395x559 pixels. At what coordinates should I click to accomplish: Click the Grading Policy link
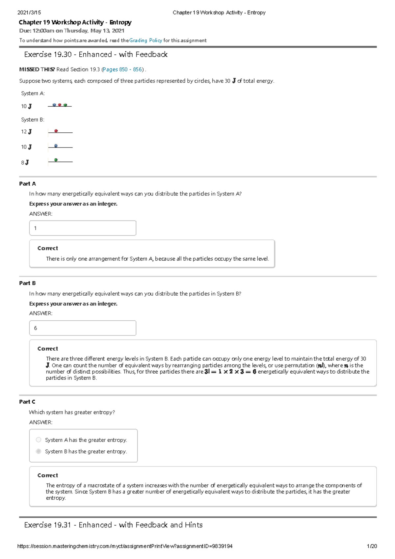point(145,40)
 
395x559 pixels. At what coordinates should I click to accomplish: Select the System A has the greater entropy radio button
point(39,440)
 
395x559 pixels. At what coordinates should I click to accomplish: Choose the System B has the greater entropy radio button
point(39,451)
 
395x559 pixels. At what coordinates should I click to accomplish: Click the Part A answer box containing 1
point(83,228)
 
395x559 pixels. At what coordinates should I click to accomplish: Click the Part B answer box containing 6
point(83,328)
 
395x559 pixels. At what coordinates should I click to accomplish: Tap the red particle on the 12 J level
point(56,131)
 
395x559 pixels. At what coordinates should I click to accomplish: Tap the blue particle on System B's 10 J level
point(56,146)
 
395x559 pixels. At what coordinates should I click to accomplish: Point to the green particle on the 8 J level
point(56,160)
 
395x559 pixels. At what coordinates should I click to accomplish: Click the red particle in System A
point(60,105)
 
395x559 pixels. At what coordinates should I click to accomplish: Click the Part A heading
point(27,184)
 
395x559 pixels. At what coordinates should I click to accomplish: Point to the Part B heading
point(27,283)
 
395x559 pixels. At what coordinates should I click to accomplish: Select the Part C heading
point(27,402)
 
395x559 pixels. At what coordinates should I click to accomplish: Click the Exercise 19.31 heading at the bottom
point(113,525)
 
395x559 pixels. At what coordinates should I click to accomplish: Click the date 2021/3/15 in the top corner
point(29,13)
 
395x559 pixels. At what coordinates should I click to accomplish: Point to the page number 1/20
point(372,546)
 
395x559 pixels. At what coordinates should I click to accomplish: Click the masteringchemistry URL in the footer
point(125,546)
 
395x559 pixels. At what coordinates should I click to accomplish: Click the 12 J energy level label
point(26,132)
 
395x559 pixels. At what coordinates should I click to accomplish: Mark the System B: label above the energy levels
point(33,120)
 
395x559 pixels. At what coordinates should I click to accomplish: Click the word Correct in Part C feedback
point(48,475)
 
